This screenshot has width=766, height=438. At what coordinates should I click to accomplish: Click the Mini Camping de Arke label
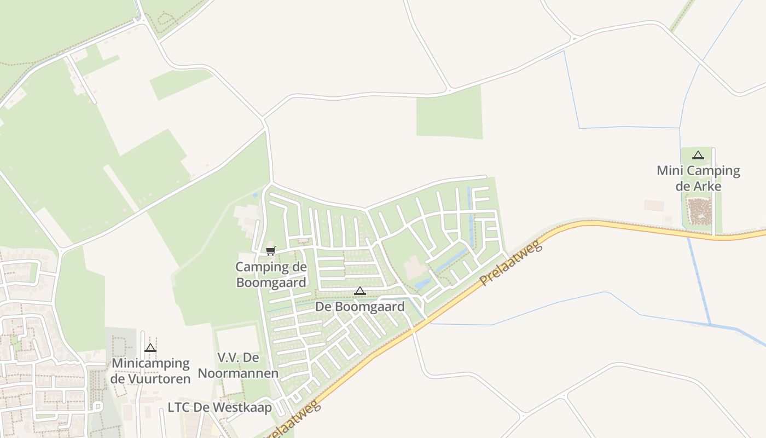(698, 178)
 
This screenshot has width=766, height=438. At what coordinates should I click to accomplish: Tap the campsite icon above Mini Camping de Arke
(698, 155)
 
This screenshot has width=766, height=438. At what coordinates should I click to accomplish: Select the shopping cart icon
(270, 251)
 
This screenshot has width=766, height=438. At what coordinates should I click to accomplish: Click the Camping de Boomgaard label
(271, 275)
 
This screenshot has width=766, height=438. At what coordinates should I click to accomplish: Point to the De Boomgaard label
(360, 307)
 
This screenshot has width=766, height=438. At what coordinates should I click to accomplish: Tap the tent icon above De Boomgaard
(359, 291)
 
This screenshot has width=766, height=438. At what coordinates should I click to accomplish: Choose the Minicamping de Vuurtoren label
(150, 371)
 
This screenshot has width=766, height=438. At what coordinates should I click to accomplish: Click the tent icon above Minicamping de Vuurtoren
(150, 348)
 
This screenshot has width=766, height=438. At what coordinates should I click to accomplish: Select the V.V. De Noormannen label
(238, 365)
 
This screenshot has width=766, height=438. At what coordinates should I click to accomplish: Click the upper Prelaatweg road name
(511, 263)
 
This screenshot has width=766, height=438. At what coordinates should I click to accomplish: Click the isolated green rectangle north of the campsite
(449, 112)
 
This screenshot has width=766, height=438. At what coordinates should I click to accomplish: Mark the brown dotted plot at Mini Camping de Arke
(698, 212)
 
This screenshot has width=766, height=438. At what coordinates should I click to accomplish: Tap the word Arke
(709, 186)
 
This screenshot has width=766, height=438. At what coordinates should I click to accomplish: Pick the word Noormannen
(238, 373)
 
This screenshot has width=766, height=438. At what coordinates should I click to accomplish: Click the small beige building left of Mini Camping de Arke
(653, 205)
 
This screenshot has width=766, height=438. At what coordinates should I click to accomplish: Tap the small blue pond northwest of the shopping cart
(255, 194)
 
